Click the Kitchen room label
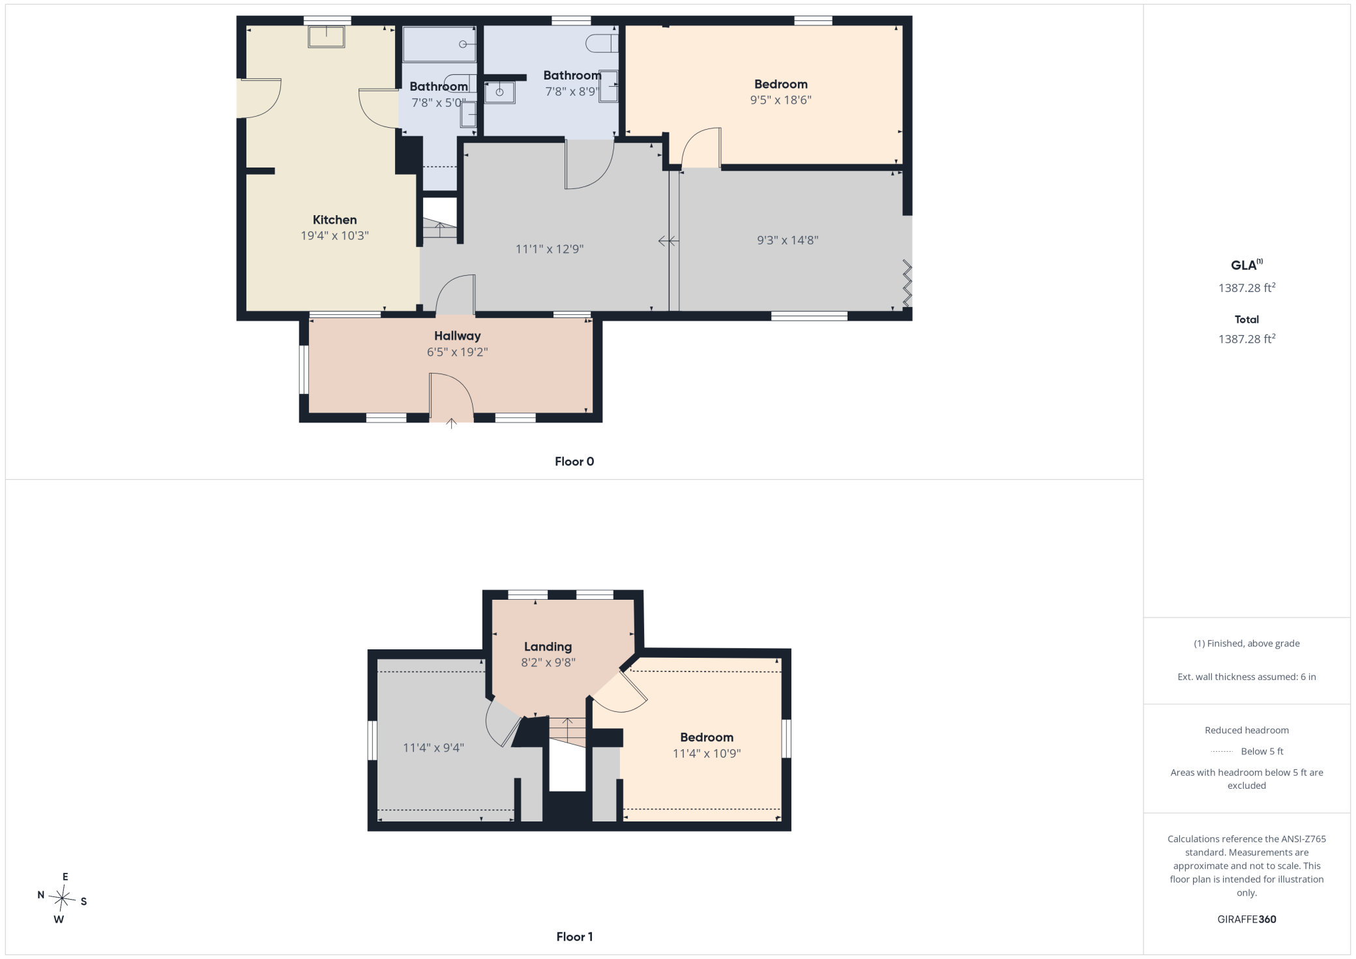334,220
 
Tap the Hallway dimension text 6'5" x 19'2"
457,352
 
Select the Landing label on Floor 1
548,647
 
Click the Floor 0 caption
574,462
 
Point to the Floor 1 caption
574,937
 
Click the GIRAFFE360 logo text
1246,919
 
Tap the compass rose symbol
62,898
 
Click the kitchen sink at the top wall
327,37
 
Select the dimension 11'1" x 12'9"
550,249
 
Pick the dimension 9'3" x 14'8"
788,240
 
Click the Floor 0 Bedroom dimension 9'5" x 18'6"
780,100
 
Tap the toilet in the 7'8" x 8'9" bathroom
601,44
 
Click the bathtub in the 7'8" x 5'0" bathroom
439,44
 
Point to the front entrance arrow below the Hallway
451,423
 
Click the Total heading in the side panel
1246,319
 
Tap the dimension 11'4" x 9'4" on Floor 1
433,748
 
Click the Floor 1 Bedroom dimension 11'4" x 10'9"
707,754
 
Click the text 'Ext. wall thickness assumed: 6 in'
1246,677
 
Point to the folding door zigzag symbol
907,282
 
